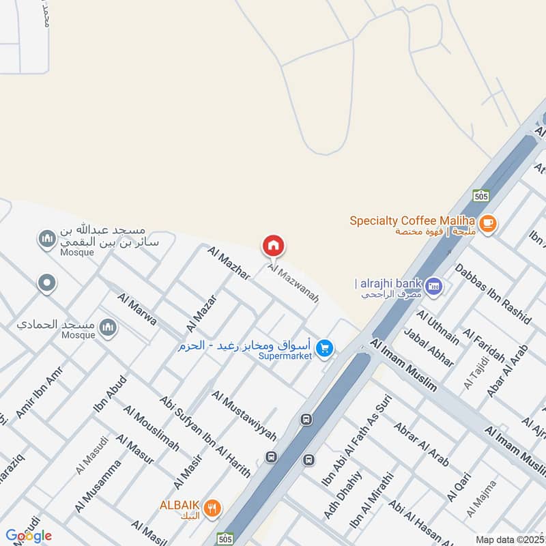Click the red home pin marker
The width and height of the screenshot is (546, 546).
point(274,245)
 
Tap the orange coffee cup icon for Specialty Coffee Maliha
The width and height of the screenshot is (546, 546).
point(487,223)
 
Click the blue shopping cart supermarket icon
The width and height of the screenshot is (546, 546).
point(326,348)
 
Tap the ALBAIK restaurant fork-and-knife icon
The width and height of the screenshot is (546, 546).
point(213,507)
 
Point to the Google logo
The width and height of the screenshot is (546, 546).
point(29,536)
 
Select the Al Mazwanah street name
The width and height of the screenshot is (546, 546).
point(293,283)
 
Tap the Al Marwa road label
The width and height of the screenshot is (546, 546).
point(137,309)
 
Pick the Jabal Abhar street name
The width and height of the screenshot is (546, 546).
point(429,348)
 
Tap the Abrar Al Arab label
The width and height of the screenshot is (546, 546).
point(421,444)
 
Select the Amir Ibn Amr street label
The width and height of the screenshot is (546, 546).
point(34,397)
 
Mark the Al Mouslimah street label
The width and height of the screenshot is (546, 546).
point(152,428)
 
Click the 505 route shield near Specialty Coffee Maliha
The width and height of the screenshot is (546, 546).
point(481,196)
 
